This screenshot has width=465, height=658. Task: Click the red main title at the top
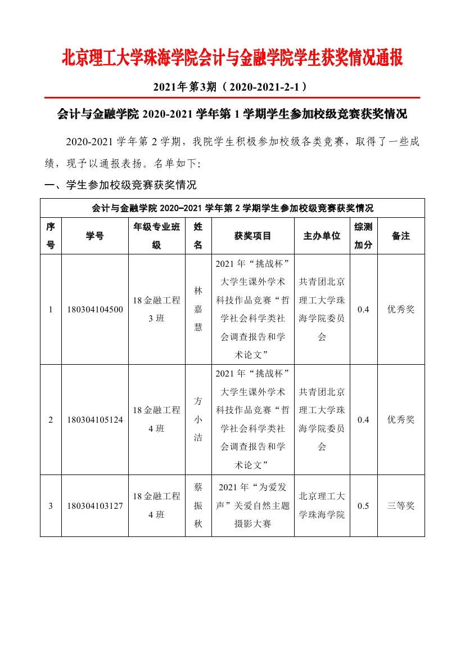point(232,58)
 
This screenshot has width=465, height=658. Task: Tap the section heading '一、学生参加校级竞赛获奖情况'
point(120,185)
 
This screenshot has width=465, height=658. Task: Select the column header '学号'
point(95,236)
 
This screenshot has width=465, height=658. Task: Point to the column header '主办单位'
point(322,236)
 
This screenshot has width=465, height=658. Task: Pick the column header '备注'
point(401,236)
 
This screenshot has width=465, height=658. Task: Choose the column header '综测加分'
point(363,236)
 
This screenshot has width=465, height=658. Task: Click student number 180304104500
point(95,310)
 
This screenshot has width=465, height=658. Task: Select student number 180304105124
point(95,420)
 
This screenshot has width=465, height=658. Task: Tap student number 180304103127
point(95,505)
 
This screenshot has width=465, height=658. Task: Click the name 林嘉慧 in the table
point(198,309)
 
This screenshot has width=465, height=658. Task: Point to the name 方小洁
point(198,419)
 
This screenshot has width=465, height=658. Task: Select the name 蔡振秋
point(198,505)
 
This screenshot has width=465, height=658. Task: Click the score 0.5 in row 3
point(363,505)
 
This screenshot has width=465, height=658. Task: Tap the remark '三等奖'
point(401,505)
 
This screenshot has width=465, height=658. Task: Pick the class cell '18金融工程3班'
point(156,309)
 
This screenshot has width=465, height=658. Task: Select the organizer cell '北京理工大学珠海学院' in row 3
point(322,505)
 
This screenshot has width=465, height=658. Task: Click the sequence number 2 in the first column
point(51,420)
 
